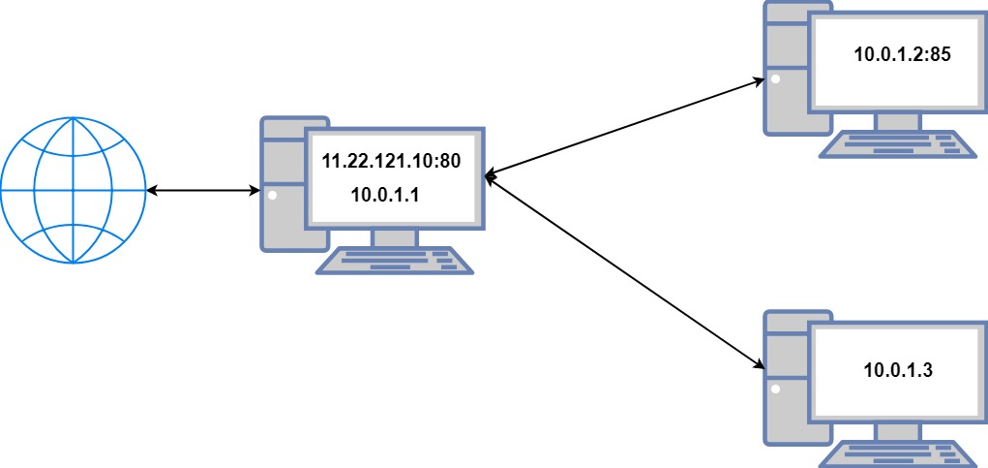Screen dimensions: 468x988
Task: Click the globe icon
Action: (x=73, y=191)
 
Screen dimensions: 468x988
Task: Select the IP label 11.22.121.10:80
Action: (x=391, y=162)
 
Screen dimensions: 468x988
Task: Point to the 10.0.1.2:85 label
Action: (x=903, y=55)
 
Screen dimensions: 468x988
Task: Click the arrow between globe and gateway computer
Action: (x=203, y=192)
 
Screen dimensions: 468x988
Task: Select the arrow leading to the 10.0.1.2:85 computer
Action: (x=629, y=127)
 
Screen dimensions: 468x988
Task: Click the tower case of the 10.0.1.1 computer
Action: (x=280, y=184)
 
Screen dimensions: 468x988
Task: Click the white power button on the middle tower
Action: (x=273, y=196)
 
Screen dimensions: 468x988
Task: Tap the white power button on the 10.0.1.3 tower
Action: (x=776, y=390)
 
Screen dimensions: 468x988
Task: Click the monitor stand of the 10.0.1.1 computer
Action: (x=395, y=238)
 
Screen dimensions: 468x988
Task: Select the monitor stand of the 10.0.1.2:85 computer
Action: (x=898, y=121)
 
